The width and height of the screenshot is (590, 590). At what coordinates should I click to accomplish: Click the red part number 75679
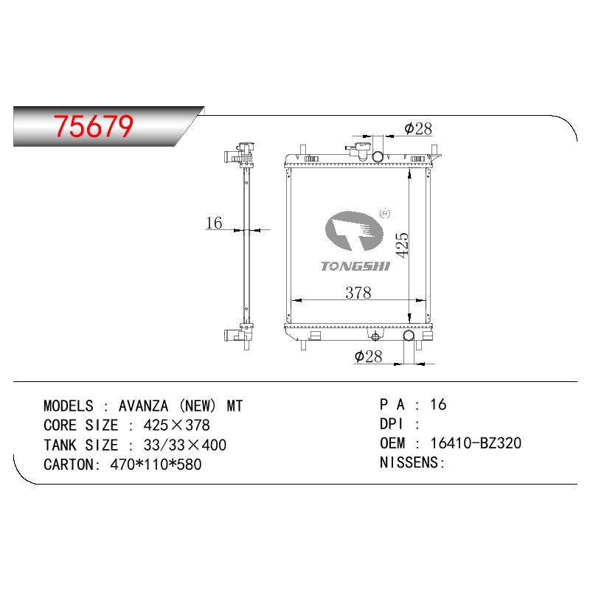94,126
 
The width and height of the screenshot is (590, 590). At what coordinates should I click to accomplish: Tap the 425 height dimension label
402,245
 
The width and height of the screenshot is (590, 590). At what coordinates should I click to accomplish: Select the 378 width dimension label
358,293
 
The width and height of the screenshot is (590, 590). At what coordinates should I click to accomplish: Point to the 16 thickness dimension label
214,223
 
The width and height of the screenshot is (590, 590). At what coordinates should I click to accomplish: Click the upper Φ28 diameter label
418,128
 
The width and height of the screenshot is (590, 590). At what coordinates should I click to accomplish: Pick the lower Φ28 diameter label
368,356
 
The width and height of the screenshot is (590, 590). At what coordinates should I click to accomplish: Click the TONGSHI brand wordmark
355,266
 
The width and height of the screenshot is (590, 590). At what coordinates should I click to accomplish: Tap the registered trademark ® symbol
385,213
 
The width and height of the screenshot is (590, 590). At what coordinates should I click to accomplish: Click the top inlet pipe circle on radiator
378,156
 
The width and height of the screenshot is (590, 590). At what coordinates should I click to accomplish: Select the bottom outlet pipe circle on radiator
409,336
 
